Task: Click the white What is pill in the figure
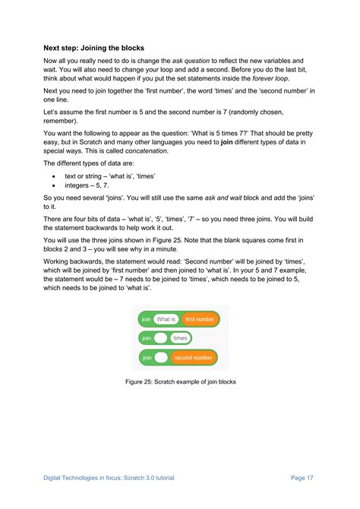[x=166, y=320]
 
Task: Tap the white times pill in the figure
[x=180, y=338]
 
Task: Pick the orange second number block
[x=193, y=357]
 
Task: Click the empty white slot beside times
[x=160, y=338]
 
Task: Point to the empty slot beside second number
[x=161, y=357]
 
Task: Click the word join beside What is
[x=146, y=320]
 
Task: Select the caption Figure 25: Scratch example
[x=179, y=381]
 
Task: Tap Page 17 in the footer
[x=302, y=477]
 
